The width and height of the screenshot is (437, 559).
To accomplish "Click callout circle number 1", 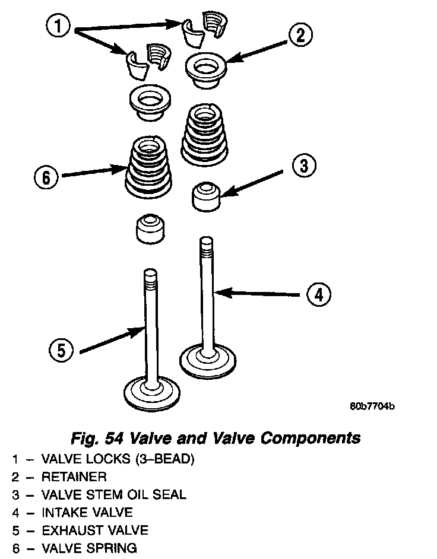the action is click(58, 27).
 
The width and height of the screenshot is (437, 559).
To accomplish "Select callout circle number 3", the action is click(303, 166).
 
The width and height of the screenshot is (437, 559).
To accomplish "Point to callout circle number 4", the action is click(318, 294).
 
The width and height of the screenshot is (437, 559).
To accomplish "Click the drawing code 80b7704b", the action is click(372, 406).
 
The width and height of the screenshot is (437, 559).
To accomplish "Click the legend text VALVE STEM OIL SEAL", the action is click(113, 494).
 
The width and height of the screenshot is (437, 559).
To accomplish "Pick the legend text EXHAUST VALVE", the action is click(94, 530).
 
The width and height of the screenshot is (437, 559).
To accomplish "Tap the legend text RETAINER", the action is click(74, 477).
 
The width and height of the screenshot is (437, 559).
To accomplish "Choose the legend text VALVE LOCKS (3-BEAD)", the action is click(118, 459).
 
